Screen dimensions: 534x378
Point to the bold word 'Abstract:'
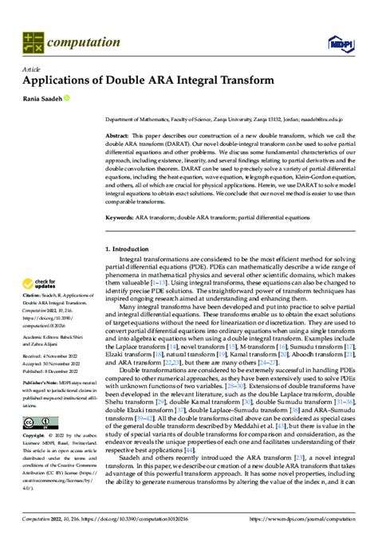120,136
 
